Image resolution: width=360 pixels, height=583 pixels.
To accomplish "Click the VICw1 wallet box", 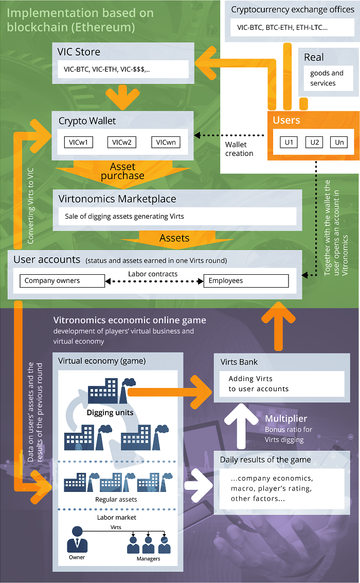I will [x=78, y=142].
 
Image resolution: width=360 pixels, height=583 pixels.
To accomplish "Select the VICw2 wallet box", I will [x=122, y=142].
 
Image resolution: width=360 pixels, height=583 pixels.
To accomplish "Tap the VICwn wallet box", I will [x=166, y=142].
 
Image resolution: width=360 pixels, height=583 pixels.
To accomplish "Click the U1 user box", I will [x=289, y=142].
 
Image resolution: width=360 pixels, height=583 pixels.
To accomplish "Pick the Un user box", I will [x=339, y=142].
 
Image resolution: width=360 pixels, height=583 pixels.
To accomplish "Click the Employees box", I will [x=246, y=281].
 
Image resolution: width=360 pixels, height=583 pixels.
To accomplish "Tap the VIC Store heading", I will [x=79, y=52].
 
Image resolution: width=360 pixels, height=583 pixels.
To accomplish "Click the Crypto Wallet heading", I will [x=87, y=121].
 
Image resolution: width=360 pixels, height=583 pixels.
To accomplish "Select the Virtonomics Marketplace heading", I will [x=117, y=199].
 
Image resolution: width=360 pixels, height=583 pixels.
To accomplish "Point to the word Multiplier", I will [x=286, y=419].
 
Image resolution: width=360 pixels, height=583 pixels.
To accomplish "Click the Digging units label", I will [x=110, y=413].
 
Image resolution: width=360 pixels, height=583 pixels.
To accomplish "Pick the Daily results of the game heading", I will [x=265, y=460].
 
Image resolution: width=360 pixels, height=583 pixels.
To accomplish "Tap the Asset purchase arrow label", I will [x=122, y=171].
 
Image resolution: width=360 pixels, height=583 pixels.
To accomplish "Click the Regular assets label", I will [x=116, y=499].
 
